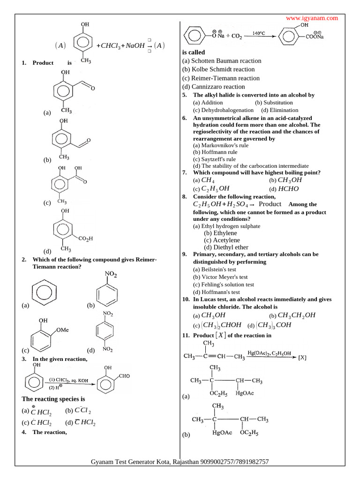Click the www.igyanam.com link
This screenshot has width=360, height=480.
coord(312,18)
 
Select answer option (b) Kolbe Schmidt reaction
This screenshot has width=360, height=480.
coord(218,69)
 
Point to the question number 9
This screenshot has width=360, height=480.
coord(185,254)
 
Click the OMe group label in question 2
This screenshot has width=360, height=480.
coord(62,330)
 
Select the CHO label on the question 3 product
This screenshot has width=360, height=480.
coord(124,376)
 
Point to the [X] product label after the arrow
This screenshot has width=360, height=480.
coord(302,358)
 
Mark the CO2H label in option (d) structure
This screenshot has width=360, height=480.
coord(85,239)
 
